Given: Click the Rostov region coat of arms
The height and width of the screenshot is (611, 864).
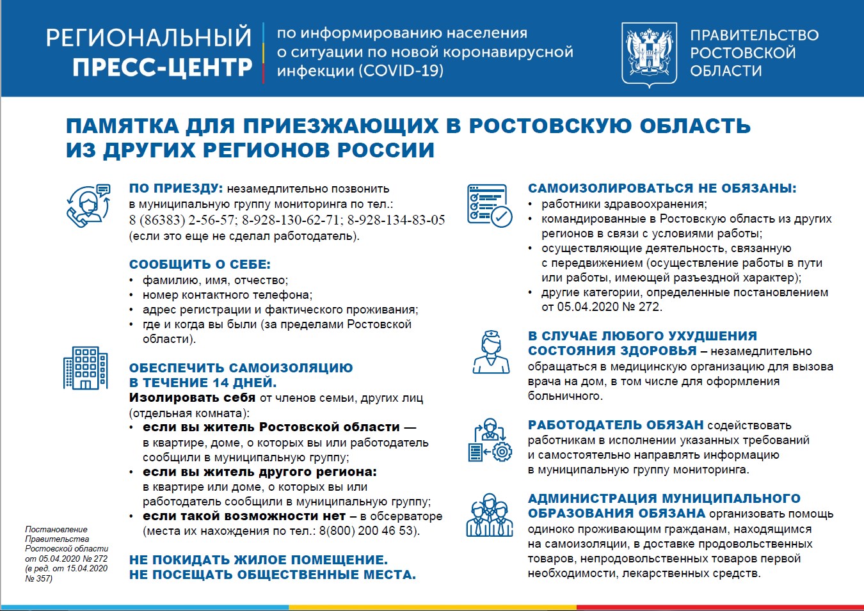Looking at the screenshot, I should pyautogui.click(x=649, y=54).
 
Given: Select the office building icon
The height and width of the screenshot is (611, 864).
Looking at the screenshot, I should pyautogui.click(x=85, y=368).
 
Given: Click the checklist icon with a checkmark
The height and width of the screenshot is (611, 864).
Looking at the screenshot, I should pyautogui.click(x=490, y=205).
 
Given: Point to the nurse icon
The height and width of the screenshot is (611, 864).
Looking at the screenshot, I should pyautogui.click(x=491, y=352).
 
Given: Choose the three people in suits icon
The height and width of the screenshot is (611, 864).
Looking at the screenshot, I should pyautogui.click(x=490, y=515).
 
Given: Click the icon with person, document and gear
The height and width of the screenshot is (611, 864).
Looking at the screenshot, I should pyautogui.click(x=490, y=441).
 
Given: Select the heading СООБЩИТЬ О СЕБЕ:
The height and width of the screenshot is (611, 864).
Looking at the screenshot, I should pyautogui.click(x=200, y=264).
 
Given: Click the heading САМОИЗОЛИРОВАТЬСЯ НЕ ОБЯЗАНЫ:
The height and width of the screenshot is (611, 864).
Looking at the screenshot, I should pyautogui.click(x=662, y=189).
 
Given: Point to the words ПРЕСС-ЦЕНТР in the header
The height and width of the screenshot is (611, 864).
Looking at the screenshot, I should pyautogui.click(x=162, y=67).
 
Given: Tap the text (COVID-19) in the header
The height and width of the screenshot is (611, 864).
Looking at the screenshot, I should pyautogui.click(x=401, y=70).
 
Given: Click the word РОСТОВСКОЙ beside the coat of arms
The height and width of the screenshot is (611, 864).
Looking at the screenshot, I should pyautogui.click(x=742, y=53).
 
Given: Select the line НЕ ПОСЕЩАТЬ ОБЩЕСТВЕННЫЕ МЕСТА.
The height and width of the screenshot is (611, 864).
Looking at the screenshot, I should pyautogui.click(x=272, y=575).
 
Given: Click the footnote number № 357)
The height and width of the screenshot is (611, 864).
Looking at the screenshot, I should pyautogui.click(x=38, y=578).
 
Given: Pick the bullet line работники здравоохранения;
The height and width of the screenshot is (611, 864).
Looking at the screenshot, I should pyautogui.click(x=624, y=204).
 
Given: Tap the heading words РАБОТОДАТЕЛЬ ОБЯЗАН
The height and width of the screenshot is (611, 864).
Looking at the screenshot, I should pyautogui.click(x=615, y=425).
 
